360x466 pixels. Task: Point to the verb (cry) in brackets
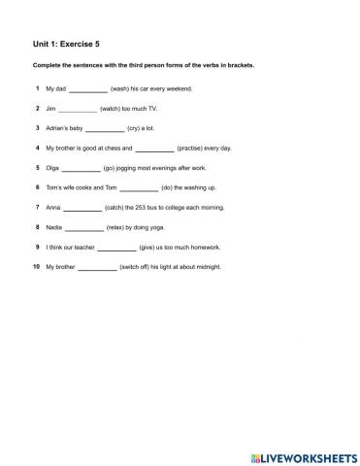tap(135, 128)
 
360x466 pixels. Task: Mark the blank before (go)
tap(81, 168)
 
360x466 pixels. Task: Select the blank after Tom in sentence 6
tap(138, 187)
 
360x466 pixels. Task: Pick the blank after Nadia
tap(83, 227)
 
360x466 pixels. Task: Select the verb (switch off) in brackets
tap(141, 267)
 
